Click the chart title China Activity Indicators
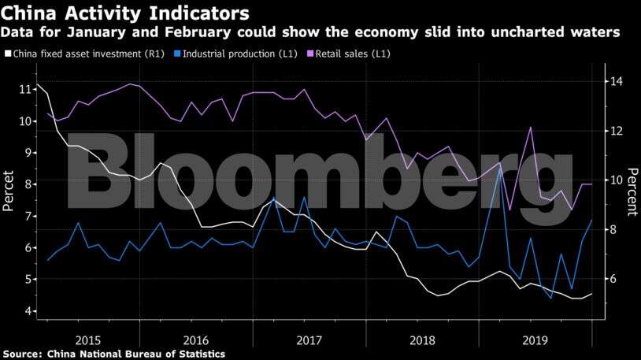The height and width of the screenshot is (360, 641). point(126,13)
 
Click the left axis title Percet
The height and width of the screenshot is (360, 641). point(9,191)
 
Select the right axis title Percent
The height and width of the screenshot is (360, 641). point(631,191)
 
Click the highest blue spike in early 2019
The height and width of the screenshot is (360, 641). point(499,168)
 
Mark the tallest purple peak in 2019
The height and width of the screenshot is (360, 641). point(531,128)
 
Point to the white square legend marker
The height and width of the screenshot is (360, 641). point(7,54)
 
